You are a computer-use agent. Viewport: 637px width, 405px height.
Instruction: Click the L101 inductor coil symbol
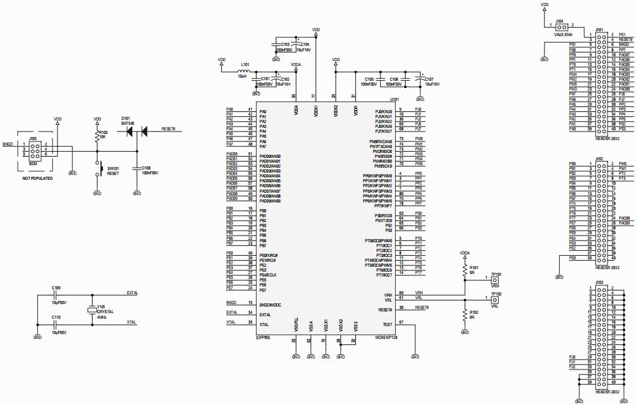pos(244,70)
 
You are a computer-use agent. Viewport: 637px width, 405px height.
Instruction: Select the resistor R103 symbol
pos(97,138)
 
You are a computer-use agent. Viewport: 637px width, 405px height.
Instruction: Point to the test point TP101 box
pos(495,280)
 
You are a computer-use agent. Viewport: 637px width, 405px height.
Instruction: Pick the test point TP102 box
pos(495,299)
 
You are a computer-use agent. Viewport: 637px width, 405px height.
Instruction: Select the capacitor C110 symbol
pos(56,322)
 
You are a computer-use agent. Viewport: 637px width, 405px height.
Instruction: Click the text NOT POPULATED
pos(37,178)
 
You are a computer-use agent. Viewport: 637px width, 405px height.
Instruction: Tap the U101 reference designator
pos(394,99)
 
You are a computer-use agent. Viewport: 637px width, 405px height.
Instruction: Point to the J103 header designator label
pos(599,283)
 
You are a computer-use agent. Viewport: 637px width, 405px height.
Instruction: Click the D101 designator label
pos(126,117)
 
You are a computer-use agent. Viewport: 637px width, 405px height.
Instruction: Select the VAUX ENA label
pos(563,35)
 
